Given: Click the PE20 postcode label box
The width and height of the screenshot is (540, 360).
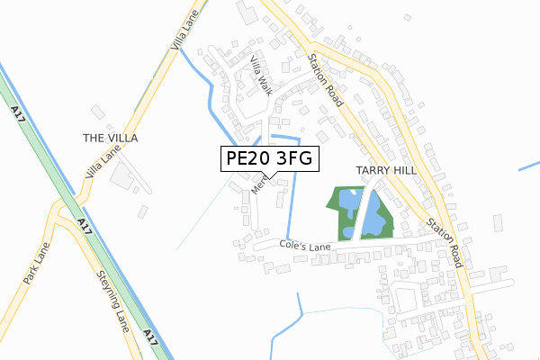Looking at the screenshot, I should [x=266, y=159].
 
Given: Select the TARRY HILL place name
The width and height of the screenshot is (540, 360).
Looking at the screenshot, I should [x=385, y=170].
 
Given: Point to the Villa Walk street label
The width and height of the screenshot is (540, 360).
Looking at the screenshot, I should [x=261, y=75].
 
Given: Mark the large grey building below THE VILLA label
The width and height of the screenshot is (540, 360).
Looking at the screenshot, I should [x=121, y=174].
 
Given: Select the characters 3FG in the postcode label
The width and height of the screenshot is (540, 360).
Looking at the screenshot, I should [x=292, y=159].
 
